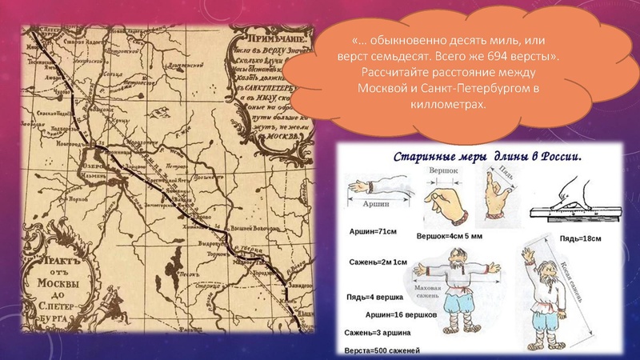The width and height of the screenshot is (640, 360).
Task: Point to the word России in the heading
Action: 562,157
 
